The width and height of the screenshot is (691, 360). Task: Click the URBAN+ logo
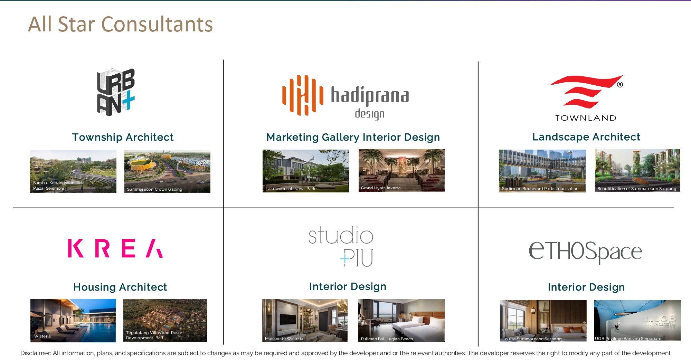[x=115, y=92]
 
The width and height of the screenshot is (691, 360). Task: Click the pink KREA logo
[x=115, y=248]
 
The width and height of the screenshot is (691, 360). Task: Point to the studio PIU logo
[x=341, y=246]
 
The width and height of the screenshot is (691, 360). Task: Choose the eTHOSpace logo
[x=585, y=252]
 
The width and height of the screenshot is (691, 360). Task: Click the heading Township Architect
[x=123, y=137]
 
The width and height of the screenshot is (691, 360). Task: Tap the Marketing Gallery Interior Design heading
[x=353, y=137]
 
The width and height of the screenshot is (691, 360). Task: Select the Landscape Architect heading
[x=586, y=137]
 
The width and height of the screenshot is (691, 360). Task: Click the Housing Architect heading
[x=120, y=287]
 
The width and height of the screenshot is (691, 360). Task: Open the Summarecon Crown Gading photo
[x=167, y=171]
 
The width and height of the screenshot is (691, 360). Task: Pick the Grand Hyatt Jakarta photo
[x=401, y=170]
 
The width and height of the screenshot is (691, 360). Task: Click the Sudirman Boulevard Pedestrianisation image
[x=542, y=171]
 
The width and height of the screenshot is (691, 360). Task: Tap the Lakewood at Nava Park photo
[x=306, y=171]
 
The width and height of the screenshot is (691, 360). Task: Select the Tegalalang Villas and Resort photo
[x=165, y=321]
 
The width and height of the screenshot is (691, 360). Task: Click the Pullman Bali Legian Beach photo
[x=401, y=321]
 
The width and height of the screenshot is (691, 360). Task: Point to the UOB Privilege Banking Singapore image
[x=637, y=321]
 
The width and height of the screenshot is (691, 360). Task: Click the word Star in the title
[x=76, y=24]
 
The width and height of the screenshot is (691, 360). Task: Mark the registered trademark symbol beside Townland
[x=620, y=85]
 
